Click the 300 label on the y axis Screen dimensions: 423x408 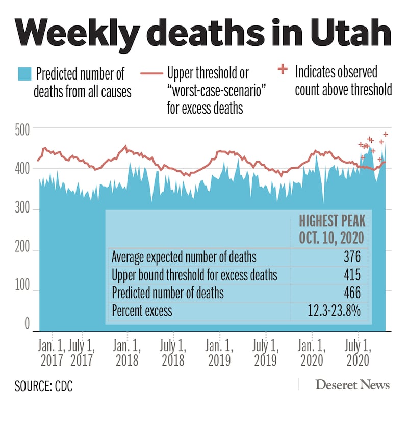pyautogui.click(x=21, y=210)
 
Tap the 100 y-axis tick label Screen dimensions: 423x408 pyautogui.click(x=21, y=291)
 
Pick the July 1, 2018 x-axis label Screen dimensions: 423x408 pyautogui.click(x=173, y=353)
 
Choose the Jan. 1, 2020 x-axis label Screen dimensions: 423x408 pyautogui.click(x=312, y=353)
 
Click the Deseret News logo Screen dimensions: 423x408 pyautogui.click(x=352, y=385)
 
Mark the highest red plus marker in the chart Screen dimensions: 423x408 pyautogui.click(x=386, y=134)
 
